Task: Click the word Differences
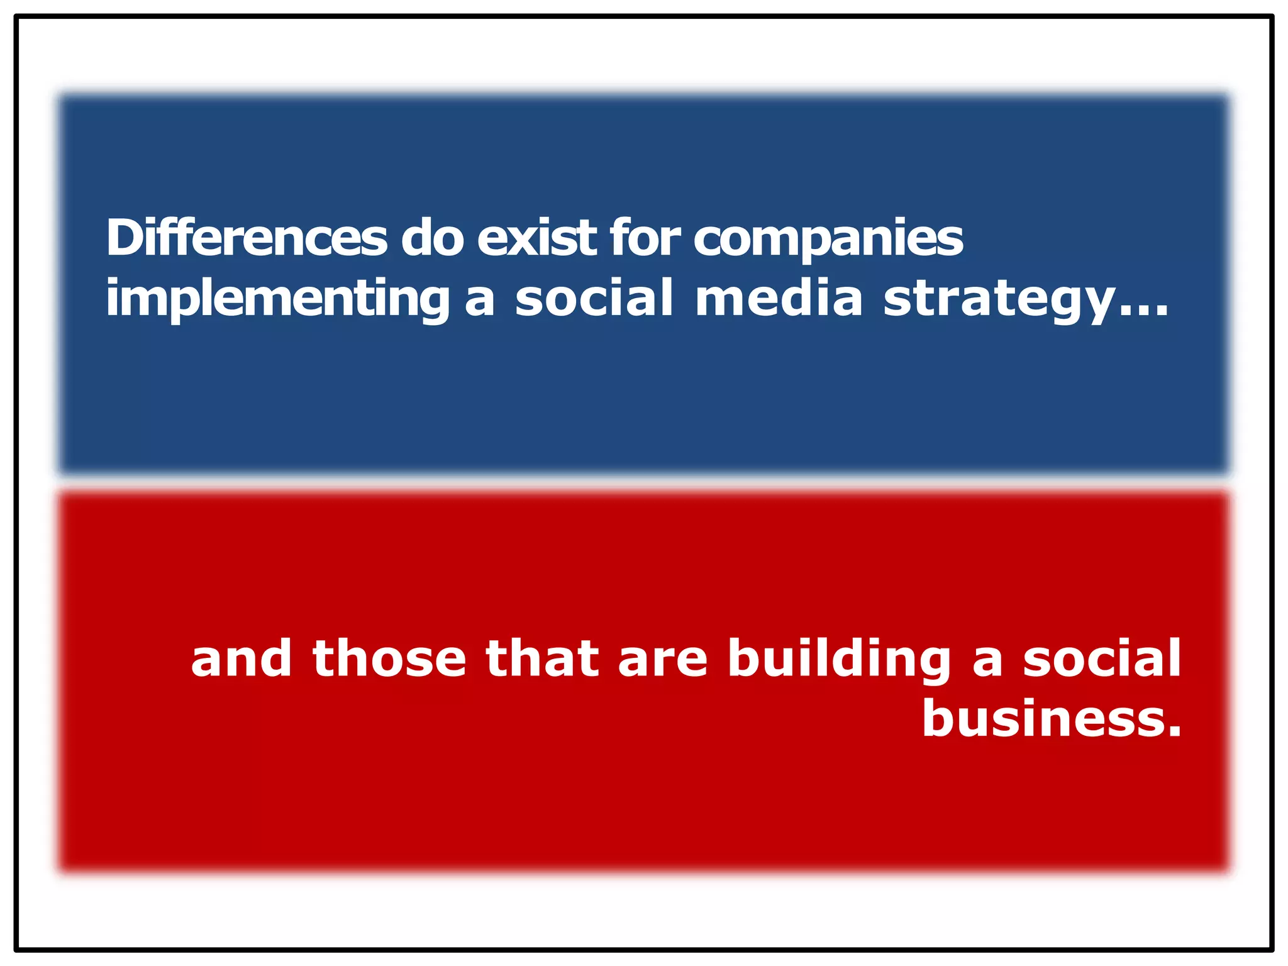[247, 238]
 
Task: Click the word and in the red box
[241, 658]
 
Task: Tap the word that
[542, 658]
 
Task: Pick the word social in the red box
[1102, 658]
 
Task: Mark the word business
[1041, 718]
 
